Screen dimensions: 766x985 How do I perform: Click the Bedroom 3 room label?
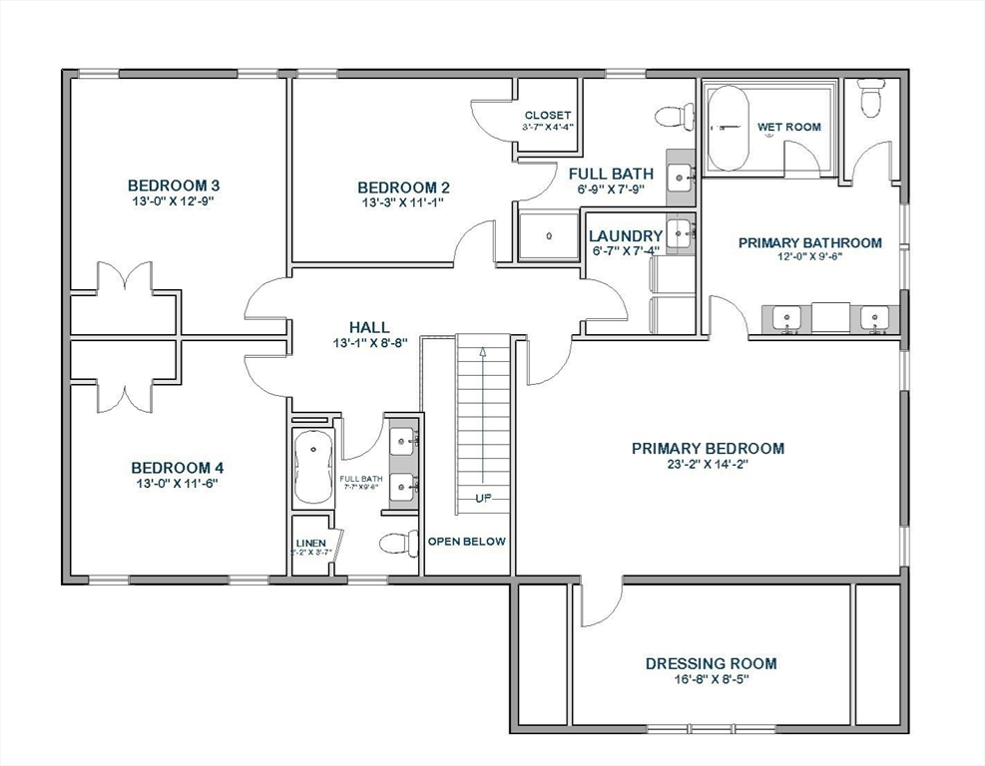click(x=173, y=186)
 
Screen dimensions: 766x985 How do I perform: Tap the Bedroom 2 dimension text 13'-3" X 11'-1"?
click(x=402, y=202)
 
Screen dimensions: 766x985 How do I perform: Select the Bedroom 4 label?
click(x=177, y=468)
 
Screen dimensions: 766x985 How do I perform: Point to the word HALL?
click(x=368, y=327)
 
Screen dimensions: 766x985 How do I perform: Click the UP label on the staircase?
click(x=483, y=498)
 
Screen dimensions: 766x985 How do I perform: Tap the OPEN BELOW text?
click(x=466, y=542)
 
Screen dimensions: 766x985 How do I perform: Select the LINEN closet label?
click(x=310, y=544)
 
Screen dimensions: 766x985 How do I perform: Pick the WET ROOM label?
click(x=788, y=127)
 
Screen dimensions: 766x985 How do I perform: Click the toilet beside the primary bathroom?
click(x=871, y=98)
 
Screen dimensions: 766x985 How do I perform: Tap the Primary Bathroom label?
click(x=809, y=242)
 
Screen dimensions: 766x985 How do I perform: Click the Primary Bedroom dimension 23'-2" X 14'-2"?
click(x=708, y=464)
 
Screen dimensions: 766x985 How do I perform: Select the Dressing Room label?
click(x=711, y=663)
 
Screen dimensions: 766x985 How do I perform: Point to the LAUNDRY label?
click(x=626, y=236)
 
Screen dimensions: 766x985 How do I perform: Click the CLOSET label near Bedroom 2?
click(x=547, y=116)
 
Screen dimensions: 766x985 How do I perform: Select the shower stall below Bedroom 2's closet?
click(x=548, y=236)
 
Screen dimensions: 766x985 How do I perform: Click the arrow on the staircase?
click(x=483, y=351)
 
